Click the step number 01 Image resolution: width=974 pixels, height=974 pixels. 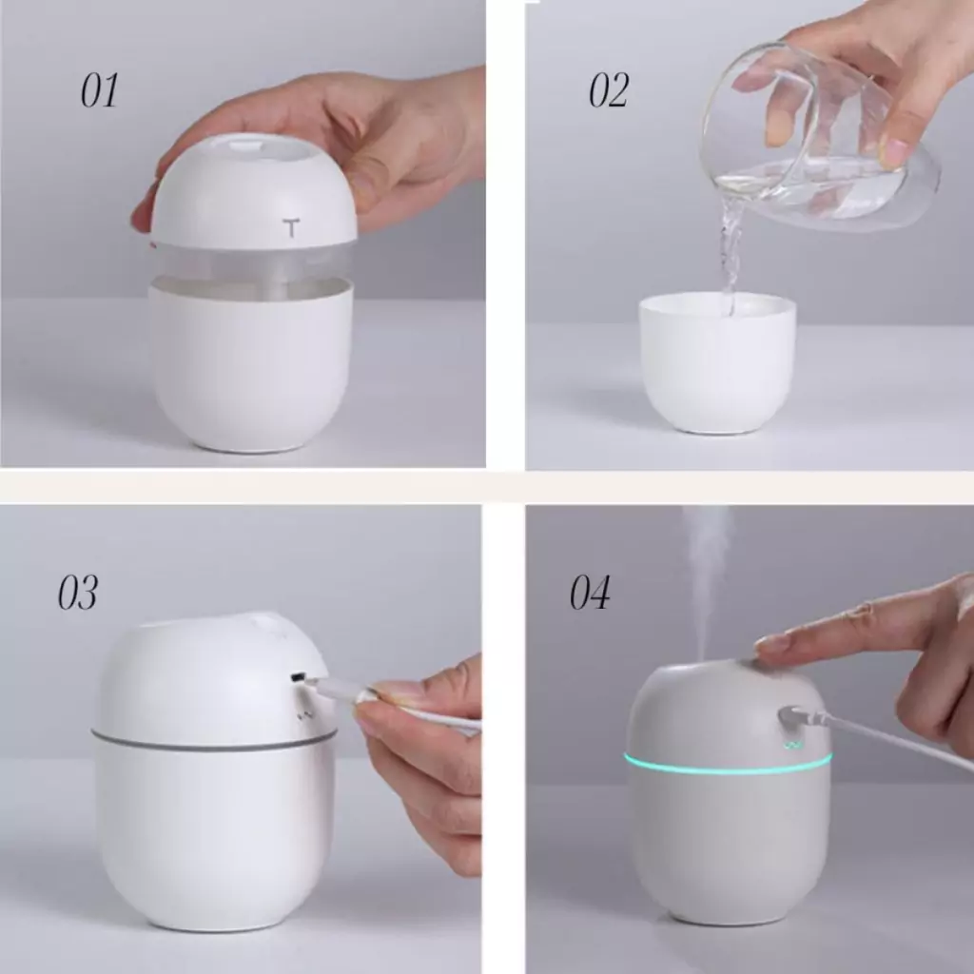(x=99, y=90)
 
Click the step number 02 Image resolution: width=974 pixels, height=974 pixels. (x=608, y=90)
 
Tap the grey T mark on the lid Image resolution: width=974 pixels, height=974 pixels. (x=290, y=227)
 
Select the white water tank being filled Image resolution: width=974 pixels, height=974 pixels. (x=717, y=362)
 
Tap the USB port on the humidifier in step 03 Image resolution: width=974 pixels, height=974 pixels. (x=298, y=677)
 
